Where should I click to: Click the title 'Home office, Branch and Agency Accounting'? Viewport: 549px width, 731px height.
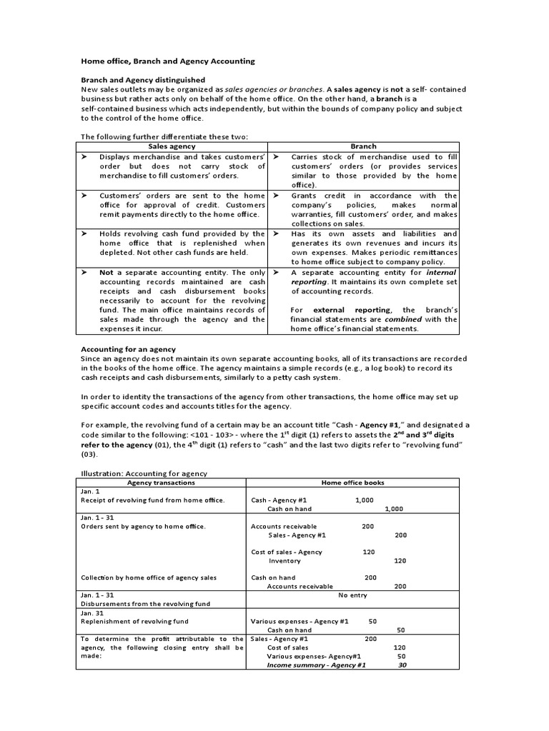pos(167,61)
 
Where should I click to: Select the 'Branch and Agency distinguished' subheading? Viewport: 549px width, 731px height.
pos(143,80)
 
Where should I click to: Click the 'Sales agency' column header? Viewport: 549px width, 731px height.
pos(172,146)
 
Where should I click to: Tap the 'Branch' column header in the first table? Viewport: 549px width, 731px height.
pos(363,146)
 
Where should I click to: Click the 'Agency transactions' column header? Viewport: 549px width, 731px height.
pos(161,483)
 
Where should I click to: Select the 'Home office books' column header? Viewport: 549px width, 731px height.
pos(352,483)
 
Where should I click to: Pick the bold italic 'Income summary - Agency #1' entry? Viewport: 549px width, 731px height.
pos(316,665)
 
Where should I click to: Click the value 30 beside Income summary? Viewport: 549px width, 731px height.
pos(402,665)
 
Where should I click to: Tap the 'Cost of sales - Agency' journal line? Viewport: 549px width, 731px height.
pos(287,552)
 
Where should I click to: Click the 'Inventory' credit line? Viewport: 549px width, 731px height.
pos(285,561)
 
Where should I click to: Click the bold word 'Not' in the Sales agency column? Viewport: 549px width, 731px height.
pos(107,272)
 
